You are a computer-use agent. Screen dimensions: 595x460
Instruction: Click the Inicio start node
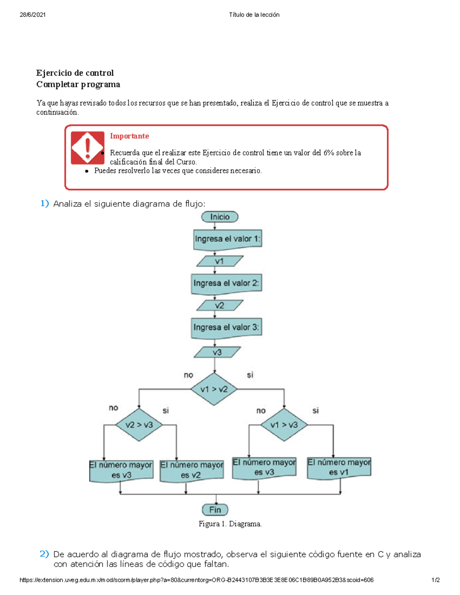(x=220, y=217)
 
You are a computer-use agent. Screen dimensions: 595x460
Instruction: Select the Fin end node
(x=215, y=510)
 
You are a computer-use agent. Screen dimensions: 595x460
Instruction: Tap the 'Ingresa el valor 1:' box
(x=227, y=239)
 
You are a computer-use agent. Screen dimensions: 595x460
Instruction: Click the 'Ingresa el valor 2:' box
(x=226, y=284)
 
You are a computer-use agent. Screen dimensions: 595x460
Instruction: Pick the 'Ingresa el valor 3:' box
(x=226, y=328)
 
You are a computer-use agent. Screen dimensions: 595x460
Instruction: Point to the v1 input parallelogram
(x=220, y=261)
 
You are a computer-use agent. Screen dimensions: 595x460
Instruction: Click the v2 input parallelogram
(x=220, y=305)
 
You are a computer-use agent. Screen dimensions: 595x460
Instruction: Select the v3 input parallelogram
(x=217, y=352)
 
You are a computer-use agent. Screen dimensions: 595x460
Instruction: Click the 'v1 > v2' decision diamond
(x=214, y=389)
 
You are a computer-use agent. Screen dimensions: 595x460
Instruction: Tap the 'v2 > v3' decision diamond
(x=139, y=425)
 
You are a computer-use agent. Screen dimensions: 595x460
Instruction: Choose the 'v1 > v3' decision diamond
(x=284, y=425)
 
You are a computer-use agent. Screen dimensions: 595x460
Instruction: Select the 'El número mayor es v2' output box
(x=192, y=470)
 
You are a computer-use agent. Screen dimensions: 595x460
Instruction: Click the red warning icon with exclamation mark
(x=87, y=148)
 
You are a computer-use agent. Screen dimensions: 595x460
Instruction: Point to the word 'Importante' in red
(x=129, y=136)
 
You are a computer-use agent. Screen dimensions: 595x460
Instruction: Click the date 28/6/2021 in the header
(x=33, y=15)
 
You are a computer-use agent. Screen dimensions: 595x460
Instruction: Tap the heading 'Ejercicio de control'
(x=75, y=73)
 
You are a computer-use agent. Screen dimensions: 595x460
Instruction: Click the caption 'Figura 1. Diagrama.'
(x=230, y=524)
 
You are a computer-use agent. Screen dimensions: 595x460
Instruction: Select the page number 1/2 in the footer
(x=435, y=580)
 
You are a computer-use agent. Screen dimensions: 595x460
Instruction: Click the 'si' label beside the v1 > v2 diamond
(x=250, y=375)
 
